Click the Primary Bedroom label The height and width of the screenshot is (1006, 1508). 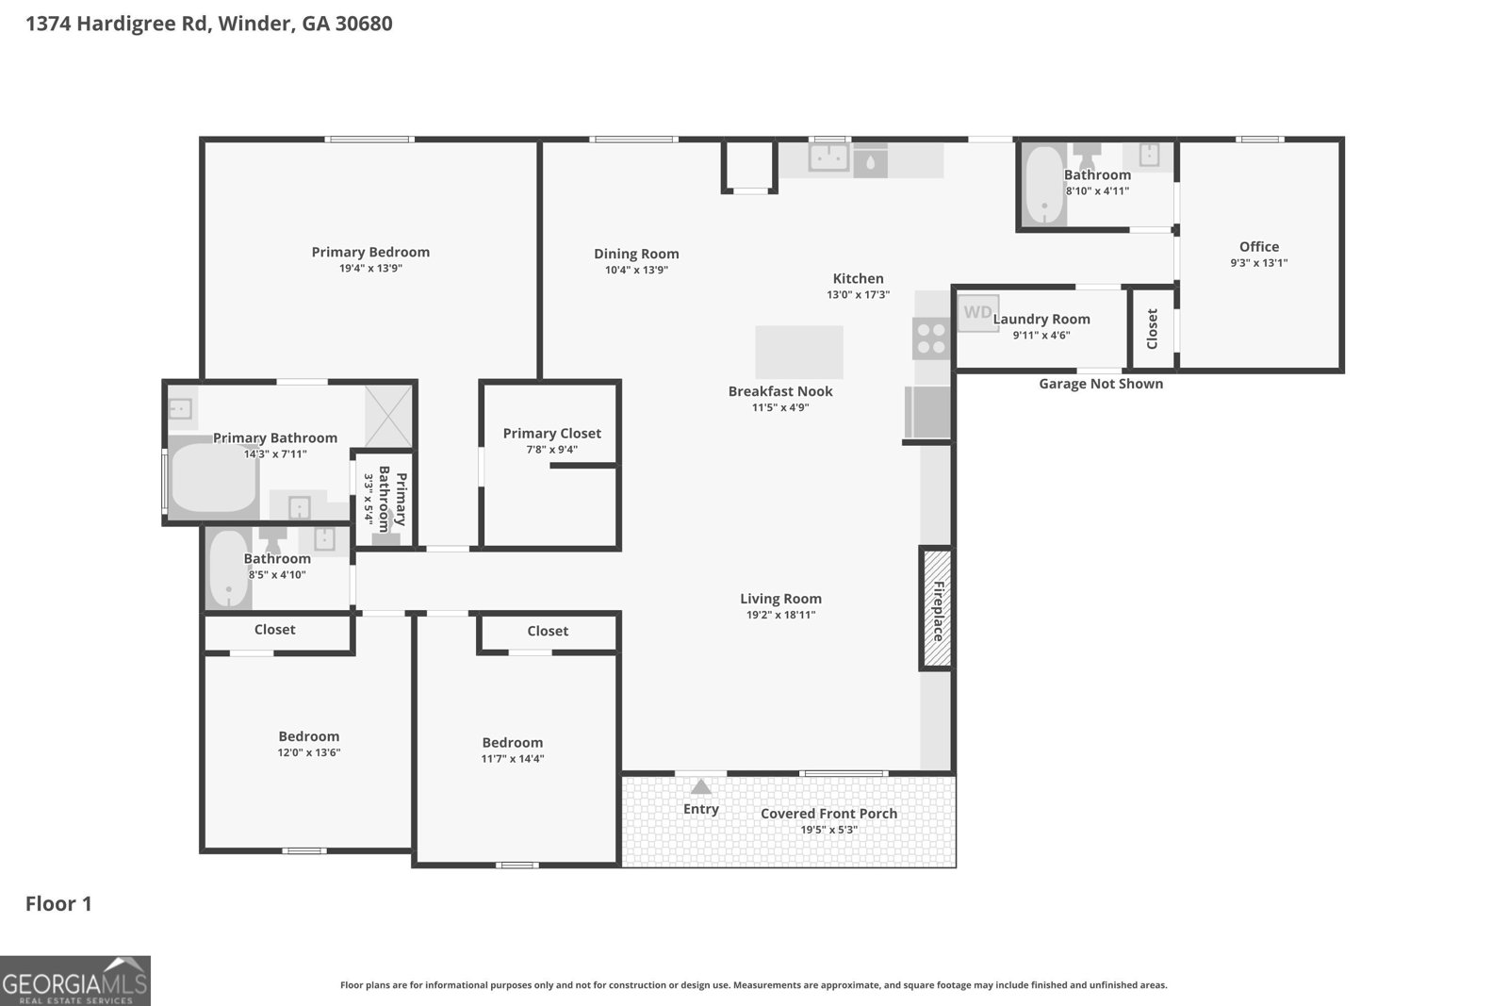point(370,252)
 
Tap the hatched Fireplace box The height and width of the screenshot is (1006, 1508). point(937,609)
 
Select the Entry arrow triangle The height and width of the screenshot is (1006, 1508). point(700,787)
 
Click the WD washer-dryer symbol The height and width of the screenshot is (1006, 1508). point(977,312)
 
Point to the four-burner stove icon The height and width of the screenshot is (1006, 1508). point(931,338)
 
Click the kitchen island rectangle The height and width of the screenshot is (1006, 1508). point(799,352)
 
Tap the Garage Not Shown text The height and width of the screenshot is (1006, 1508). point(1100,384)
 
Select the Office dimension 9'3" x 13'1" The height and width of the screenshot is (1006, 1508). point(1258,263)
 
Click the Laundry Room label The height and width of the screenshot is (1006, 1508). point(1041,319)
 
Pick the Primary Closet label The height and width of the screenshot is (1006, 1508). point(551,433)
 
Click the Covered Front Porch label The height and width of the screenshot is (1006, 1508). point(828,813)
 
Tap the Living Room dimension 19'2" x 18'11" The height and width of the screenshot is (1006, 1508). point(780,615)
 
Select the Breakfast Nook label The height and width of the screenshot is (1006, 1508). point(780,391)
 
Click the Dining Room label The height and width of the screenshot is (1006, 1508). point(636,254)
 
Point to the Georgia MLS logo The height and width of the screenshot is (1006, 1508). point(74,981)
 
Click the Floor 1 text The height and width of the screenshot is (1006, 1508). point(58,903)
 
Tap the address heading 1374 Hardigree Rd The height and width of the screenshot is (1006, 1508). point(208,24)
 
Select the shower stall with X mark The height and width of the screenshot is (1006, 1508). point(388,416)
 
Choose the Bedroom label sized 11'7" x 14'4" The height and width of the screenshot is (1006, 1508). point(512,742)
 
